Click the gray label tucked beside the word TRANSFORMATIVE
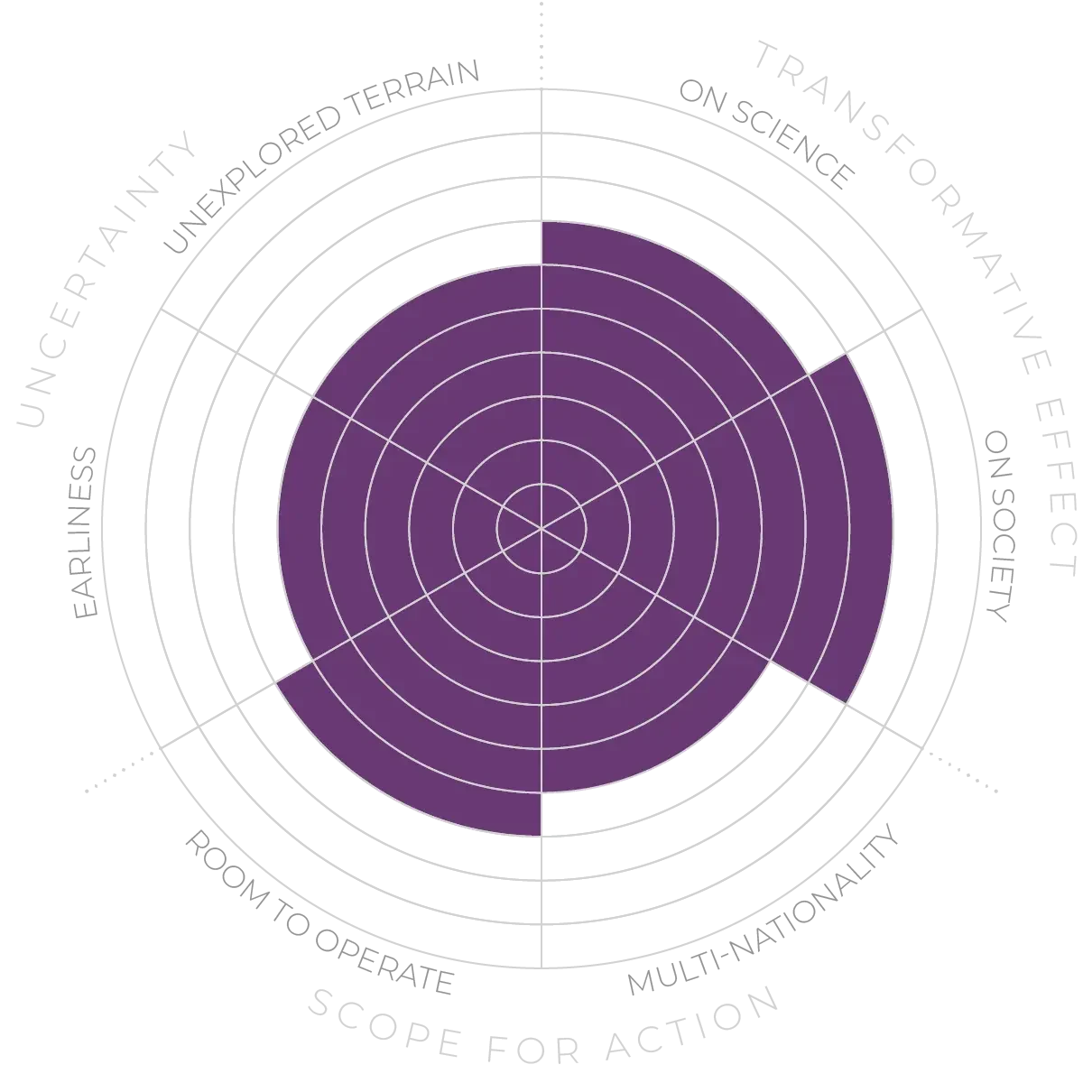point(767,135)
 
